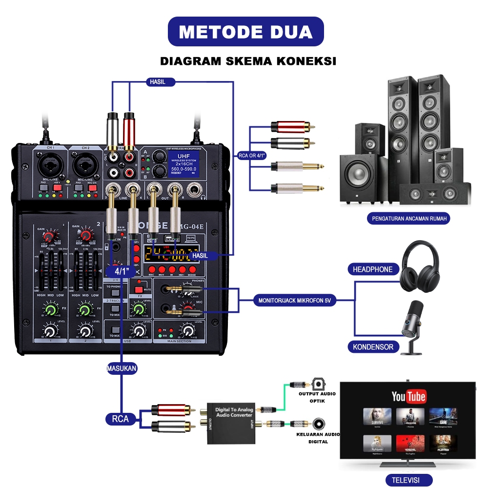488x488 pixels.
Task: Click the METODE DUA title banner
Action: pyautogui.click(x=245, y=32)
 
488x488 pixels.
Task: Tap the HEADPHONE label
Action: pyautogui.click(x=373, y=269)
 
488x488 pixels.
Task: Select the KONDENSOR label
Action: pyautogui.click(x=373, y=347)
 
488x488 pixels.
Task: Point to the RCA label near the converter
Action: pyautogui.click(x=120, y=419)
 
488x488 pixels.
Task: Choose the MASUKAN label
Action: pyautogui.click(x=122, y=368)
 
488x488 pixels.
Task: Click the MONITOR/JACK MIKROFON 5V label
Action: pyautogui.click(x=295, y=301)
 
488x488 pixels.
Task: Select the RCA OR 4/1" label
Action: pyautogui.click(x=251, y=157)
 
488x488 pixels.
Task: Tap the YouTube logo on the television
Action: pyautogui.click(x=409, y=396)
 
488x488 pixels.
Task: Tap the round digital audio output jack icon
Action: pyautogui.click(x=320, y=423)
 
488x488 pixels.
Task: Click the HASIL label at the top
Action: pyautogui.click(x=156, y=82)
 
